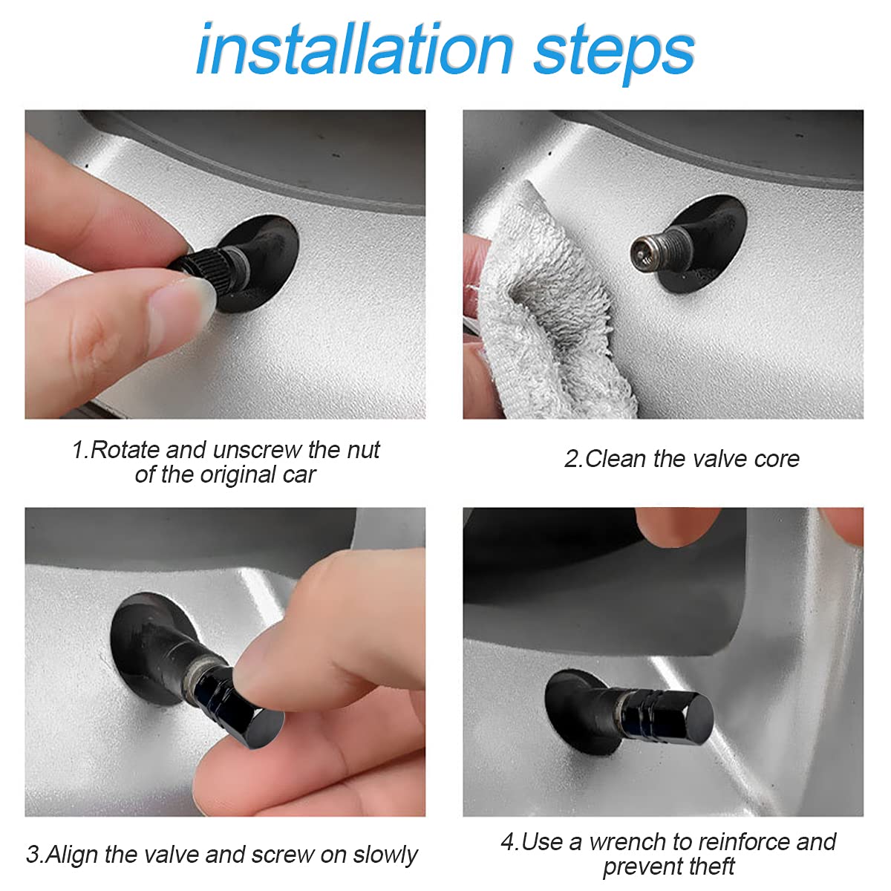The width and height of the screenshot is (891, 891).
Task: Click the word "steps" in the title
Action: click(x=614, y=52)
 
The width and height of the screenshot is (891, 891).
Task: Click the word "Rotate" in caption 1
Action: click(x=125, y=450)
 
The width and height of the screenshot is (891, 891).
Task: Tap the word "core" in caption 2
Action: click(x=777, y=459)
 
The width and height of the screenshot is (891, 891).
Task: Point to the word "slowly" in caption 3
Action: click(x=385, y=855)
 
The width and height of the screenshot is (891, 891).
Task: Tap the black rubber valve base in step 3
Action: click(x=152, y=639)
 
